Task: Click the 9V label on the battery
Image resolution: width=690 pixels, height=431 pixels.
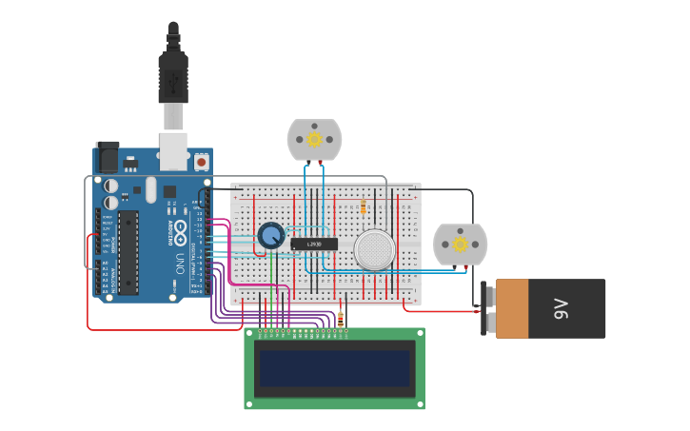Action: pyautogui.click(x=561, y=308)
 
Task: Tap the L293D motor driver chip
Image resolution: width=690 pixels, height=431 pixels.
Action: pyautogui.click(x=313, y=245)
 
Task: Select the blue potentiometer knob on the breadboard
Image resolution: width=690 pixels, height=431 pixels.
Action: pyautogui.click(x=271, y=235)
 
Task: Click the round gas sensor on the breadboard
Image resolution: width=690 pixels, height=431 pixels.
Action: pyautogui.click(x=374, y=249)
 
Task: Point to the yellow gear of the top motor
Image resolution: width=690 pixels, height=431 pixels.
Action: pyautogui.click(x=314, y=140)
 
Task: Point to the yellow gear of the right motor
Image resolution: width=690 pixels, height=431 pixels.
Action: pyautogui.click(x=461, y=245)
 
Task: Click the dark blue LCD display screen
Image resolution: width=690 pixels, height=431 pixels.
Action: pyautogui.click(x=334, y=368)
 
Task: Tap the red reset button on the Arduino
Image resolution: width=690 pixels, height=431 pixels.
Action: pyautogui.click(x=202, y=163)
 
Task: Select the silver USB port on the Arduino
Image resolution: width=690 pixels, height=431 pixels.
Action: pyautogui.click(x=173, y=151)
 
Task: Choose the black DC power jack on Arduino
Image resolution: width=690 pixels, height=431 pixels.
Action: pyautogui.click(x=108, y=157)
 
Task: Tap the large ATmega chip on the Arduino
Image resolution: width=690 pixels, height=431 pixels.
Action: pyautogui.click(x=128, y=252)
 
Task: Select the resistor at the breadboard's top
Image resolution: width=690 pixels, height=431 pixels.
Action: pyautogui.click(x=364, y=206)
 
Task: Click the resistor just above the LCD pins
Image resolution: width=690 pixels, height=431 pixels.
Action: pyautogui.click(x=341, y=318)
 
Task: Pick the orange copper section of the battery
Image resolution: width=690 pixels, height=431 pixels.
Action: pyautogui.click(x=512, y=308)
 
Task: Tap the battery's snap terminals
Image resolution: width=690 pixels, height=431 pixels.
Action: pyautogui.click(x=490, y=309)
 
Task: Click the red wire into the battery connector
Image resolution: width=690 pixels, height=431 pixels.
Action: pyautogui.click(x=438, y=310)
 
